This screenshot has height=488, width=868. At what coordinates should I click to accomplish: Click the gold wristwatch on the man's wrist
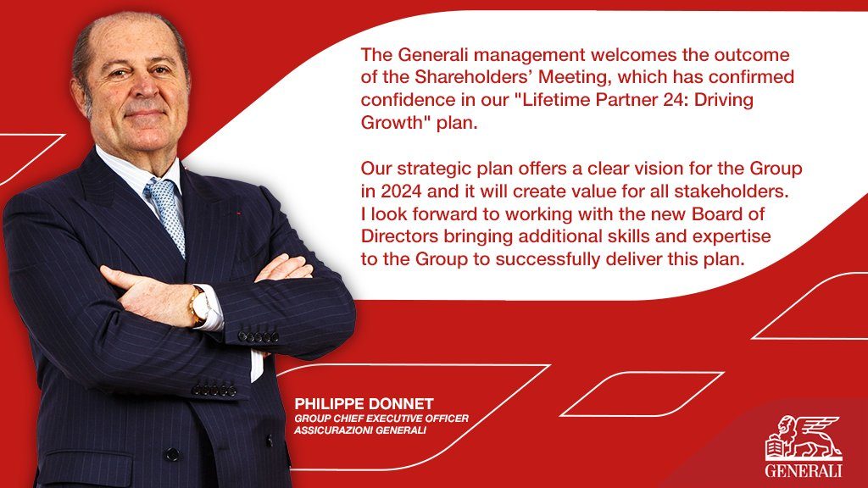pyautogui.click(x=199, y=305)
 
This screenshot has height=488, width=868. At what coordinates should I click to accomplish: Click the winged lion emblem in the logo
pyautogui.click(x=804, y=438)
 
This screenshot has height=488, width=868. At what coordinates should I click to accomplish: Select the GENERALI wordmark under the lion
pyautogui.click(x=804, y=471)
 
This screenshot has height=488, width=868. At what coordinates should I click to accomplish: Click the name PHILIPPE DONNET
pyautogui.click(x=364, y=404)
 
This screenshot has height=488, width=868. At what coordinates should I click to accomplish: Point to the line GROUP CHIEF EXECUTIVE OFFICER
pyautogui.click(x=381, y=419)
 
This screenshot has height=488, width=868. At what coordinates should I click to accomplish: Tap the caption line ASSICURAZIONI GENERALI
pyautogui.click(x=359, y=430)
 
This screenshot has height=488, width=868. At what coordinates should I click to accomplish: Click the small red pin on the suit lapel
pyautogui.click(x=238, y=212)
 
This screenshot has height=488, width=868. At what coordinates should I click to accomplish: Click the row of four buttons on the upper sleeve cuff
pyautogui.click(x=258, y=335)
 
